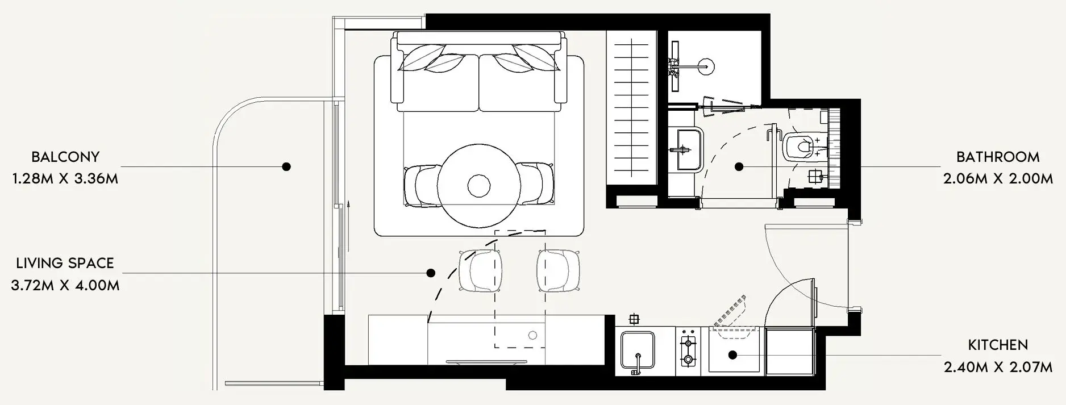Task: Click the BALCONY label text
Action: (65, 157)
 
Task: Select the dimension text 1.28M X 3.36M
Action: (65, 179)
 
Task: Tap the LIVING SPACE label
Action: (65, 263)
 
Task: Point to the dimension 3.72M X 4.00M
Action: (65, 285)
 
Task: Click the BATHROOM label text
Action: (998, 157)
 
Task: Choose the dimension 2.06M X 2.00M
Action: (998, 179)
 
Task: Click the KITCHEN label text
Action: (998, 345)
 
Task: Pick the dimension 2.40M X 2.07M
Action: (998, 368)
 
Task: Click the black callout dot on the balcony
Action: (287, 166)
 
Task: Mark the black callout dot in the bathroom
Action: (739, 166)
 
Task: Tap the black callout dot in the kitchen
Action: (732, 355)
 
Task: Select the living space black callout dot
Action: (431, 273)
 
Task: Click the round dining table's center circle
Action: (479, 185)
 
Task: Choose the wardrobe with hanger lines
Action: (632, 108)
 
